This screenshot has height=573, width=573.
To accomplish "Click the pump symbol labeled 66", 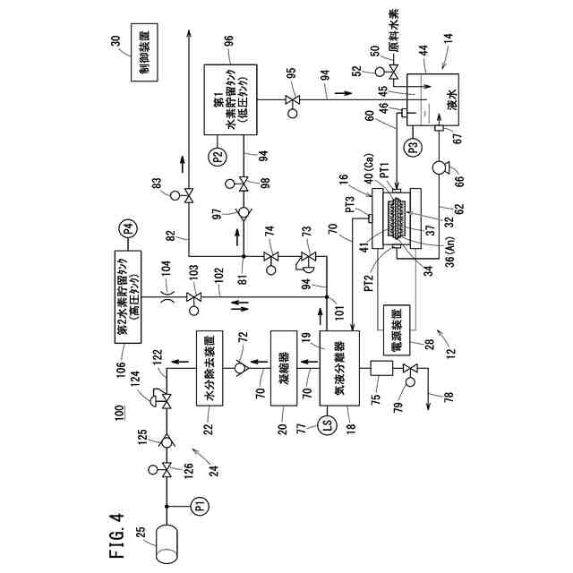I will click(440, 167).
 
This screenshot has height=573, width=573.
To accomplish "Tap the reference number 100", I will click(118, 415).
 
